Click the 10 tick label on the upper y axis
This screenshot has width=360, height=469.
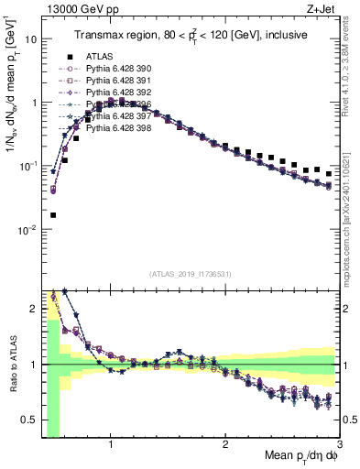coord(30,39)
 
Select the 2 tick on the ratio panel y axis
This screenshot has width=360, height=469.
coord(33,309)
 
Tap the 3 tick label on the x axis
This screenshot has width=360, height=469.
coord(339,447)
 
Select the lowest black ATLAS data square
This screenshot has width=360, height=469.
coord(53,215)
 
